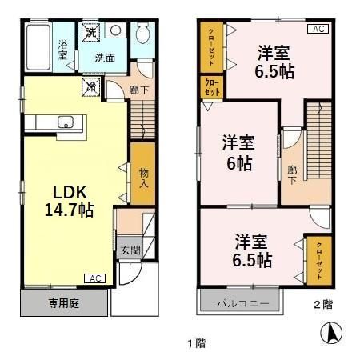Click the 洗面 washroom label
point(105,58)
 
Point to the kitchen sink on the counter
point(66,122)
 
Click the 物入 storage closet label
point(143,177)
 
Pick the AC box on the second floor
point(318,29)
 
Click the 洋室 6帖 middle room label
point(238,154)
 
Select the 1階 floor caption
point(197,343)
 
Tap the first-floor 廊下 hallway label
point(138,90)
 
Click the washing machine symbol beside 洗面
point(91,33)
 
